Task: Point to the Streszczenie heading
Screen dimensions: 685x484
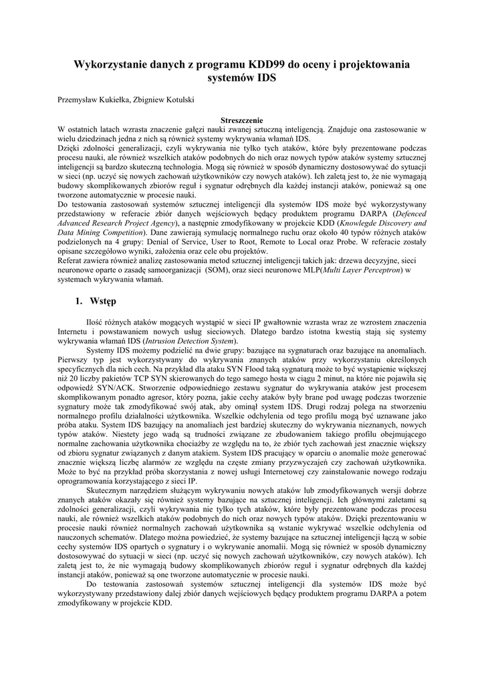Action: coord(241,120)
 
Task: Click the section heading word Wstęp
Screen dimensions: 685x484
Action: coord(104,302)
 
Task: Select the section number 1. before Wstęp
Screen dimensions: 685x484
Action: coord(80,302)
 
